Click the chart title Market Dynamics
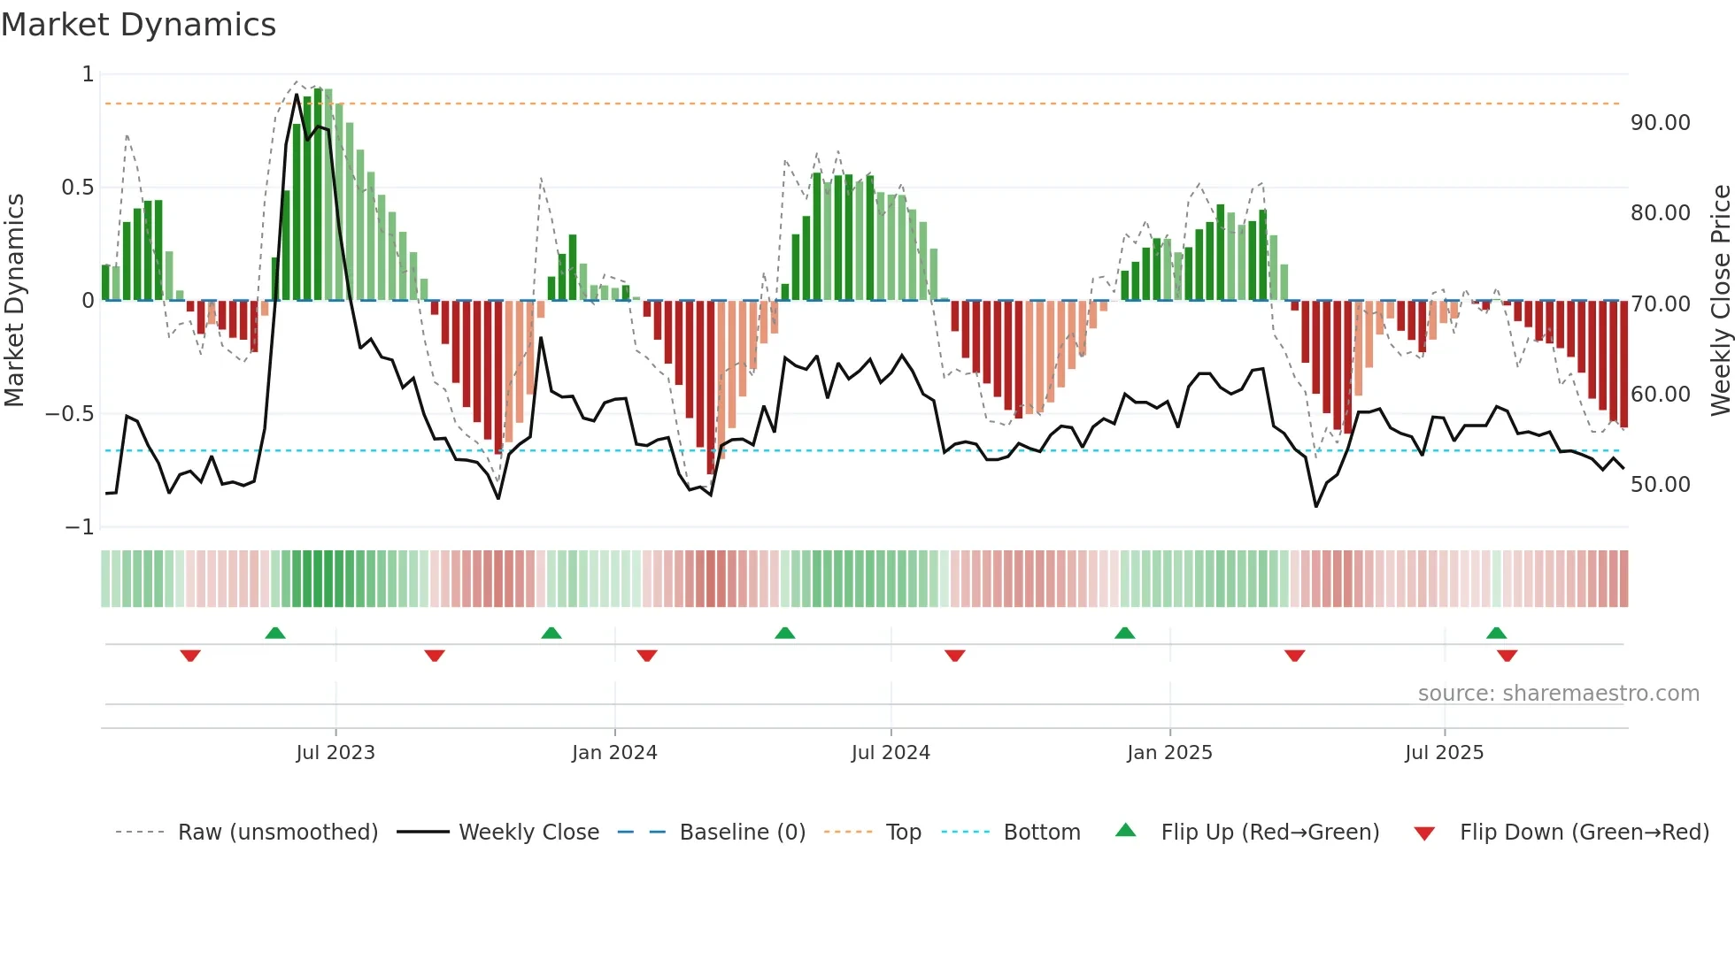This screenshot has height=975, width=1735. tap(138, 25)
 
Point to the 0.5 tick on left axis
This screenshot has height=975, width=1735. tap(77, 188)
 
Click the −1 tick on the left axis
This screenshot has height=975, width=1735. tap(79, 527)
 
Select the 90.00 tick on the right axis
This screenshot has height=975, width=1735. tap(1660, 123)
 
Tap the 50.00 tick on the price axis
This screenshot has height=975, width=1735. tap(1660, 485)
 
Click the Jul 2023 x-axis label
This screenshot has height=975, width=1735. tap(335, 753)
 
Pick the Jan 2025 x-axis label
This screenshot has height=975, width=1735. tap(1169, 753)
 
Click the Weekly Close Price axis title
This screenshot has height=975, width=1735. tap(1720, 301)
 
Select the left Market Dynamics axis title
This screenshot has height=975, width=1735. tap(14, 301)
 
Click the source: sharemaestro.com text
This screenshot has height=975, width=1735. tap(1558, 694)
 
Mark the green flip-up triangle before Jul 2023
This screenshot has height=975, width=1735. tap(275, 633)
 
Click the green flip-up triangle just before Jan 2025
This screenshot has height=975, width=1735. tap(1124, 633)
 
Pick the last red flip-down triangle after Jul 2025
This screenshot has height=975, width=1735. tap(1507, 656)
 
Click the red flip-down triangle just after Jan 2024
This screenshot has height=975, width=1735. tap(646, 656)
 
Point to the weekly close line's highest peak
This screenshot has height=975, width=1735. tap(297, 95)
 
